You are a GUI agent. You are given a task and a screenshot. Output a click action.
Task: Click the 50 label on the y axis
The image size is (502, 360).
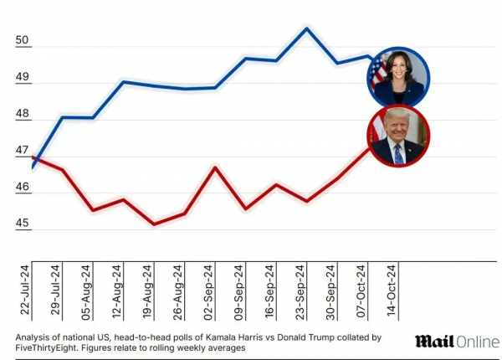point(23,41)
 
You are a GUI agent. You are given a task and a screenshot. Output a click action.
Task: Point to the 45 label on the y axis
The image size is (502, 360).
point(23,224)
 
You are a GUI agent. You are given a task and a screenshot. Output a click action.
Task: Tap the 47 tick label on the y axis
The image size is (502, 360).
point(23,151)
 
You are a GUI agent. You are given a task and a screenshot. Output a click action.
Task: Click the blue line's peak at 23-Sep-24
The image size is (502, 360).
point(307,28)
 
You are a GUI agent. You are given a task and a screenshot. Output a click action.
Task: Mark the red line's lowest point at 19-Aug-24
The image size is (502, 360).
point(153,224)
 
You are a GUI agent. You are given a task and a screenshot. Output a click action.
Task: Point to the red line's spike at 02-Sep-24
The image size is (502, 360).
point(215,167)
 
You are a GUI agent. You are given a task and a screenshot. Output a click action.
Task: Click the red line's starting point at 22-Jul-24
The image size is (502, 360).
point(33,157)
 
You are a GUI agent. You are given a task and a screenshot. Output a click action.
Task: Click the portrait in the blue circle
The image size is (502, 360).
point(398,76)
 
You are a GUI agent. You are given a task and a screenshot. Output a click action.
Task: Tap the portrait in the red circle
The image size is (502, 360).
point(398,136)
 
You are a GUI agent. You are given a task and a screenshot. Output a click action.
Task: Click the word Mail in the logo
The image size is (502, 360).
point(434,341)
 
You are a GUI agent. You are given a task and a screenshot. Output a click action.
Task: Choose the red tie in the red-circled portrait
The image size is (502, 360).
point(398,155)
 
